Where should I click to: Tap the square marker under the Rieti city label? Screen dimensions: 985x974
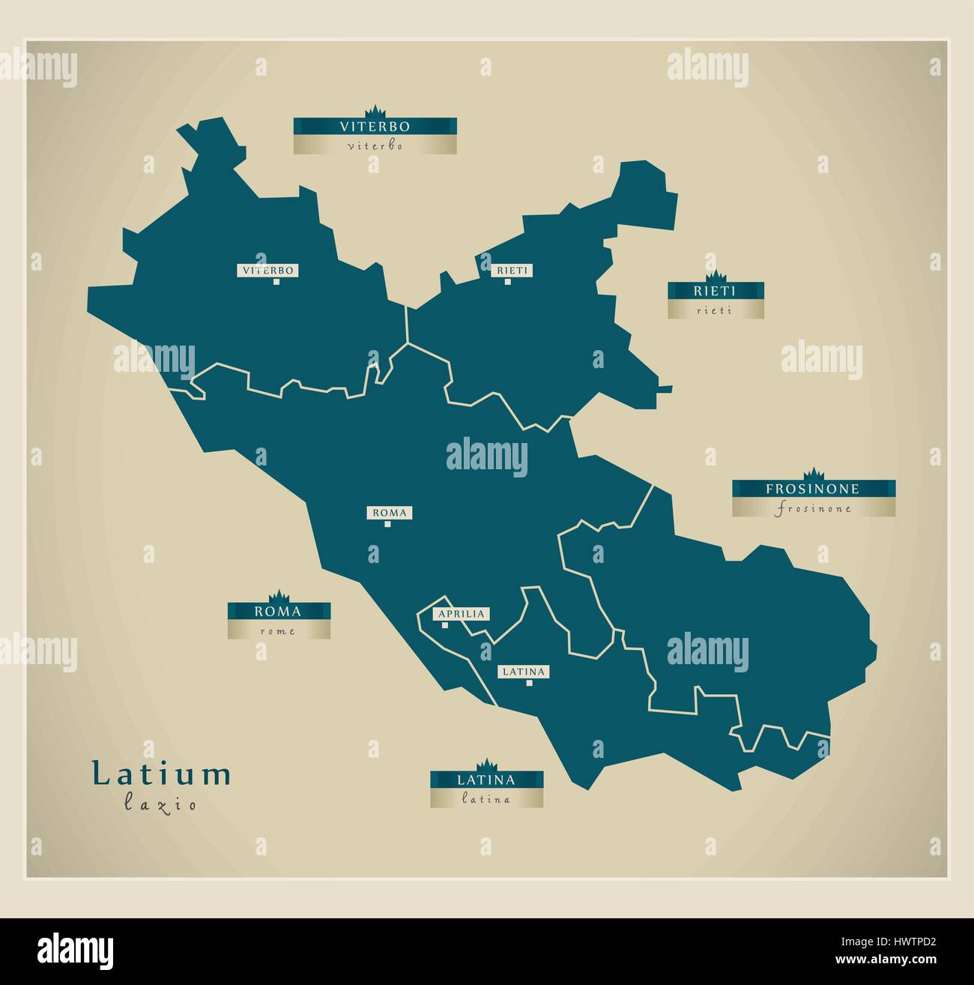[x=507, y=282]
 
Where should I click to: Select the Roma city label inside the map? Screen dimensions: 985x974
[x=388, y=513]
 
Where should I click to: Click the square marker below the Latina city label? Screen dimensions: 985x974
[x=528, y=683]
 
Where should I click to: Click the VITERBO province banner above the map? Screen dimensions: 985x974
[x=375, y=126]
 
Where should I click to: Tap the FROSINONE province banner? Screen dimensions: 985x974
[x=813, y=489]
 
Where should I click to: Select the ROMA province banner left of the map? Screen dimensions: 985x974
[x=279, y=611]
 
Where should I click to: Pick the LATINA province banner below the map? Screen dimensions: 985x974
[x=486, y=780]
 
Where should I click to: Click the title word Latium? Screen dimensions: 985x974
[x=161, y=774]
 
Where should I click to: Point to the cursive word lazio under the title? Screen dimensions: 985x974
[x=160, y=805]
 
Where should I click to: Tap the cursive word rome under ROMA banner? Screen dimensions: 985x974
[x=278, y=631]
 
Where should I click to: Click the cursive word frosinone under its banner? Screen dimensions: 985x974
[x=814, y=509]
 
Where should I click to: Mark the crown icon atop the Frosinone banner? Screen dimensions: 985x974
[x=813, y=474]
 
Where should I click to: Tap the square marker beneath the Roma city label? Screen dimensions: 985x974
[x=387, y=524]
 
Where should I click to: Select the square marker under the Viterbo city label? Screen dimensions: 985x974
[x=276, y=282]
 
